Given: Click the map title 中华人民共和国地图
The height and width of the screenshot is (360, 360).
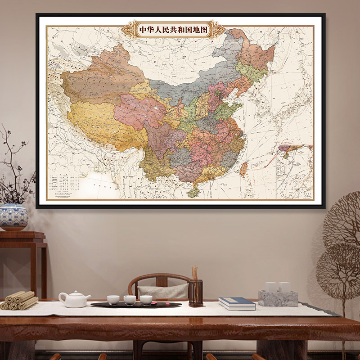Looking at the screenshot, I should pos(173,30).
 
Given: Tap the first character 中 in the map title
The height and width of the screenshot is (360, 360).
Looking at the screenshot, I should pos(144,30).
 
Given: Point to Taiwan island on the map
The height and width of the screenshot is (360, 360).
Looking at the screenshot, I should pos(243,169).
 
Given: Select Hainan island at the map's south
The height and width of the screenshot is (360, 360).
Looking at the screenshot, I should pos(193,192).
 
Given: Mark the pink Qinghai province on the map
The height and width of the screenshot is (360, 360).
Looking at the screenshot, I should pos(139,110).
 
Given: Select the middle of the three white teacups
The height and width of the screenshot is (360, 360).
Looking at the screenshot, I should pos(130,300).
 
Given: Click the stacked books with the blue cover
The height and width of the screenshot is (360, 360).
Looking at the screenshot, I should pos(237,304).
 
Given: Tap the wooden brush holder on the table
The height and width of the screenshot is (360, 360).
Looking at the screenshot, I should pos(195,292).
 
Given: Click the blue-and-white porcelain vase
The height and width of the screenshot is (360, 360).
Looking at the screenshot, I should pos(13,217).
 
